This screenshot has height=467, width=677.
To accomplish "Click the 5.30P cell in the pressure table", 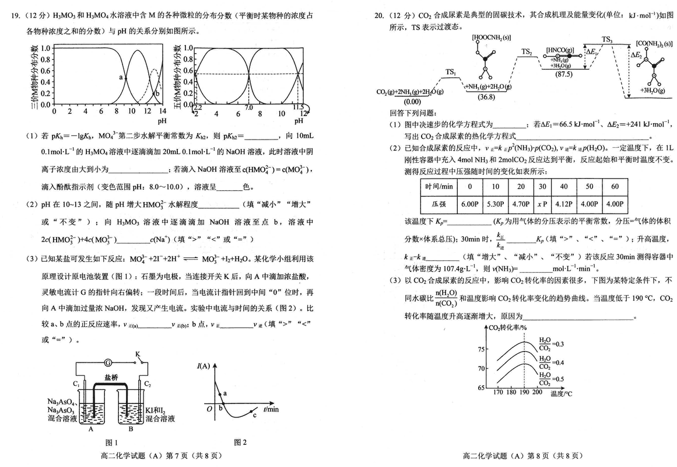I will tap(494, 205).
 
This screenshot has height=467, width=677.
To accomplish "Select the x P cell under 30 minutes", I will tap(543, 205).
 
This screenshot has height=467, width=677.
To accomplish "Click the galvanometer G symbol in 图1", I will tap(107, 362).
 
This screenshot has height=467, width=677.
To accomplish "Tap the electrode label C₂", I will tap(148, 384).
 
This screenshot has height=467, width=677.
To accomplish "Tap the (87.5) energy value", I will tap(563, 74).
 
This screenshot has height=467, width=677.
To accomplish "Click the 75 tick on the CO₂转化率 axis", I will tap(481, 349).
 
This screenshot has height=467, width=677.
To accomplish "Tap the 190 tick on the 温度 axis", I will tap(524, 392).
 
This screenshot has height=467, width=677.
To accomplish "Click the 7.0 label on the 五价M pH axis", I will tap(248, 107).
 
